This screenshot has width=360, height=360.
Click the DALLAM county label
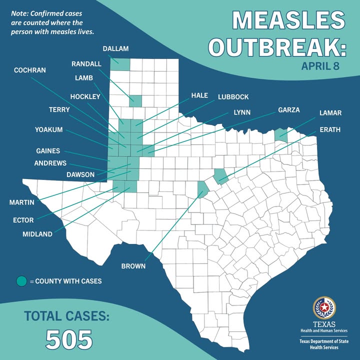(x=115, y=48)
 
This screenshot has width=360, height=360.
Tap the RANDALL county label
(x=86, y=64)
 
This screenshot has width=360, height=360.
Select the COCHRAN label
(x=29, y=70)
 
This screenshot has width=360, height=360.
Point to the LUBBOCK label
(x=233, y=96)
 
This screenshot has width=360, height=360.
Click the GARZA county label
(x=289, y=109)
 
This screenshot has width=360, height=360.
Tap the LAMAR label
(x=330, y=113)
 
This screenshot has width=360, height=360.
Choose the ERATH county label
(x=330, y=129)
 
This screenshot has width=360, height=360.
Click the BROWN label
(x=133, y=266)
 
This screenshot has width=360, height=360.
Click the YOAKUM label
(x=49, y=129)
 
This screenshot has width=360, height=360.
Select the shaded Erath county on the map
(x=220, y=174)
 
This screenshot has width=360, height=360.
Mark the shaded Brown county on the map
(x=202, y=190)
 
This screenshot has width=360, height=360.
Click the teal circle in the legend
(x=21, y=281)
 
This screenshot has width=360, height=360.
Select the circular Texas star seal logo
(x=324, y=307)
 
